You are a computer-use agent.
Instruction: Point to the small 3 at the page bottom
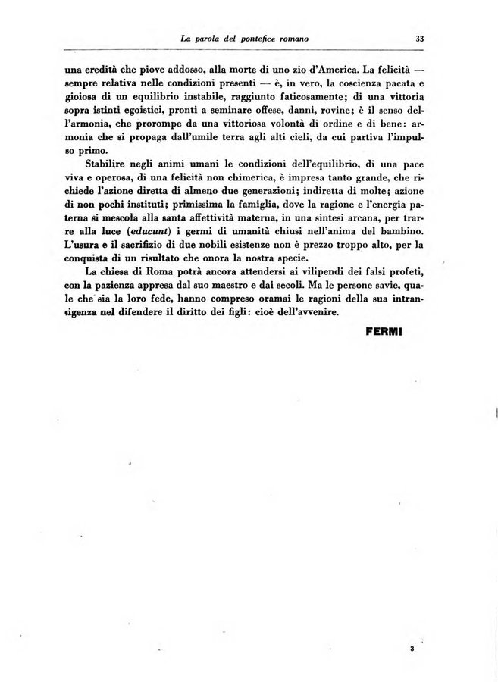coord(410,649)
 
